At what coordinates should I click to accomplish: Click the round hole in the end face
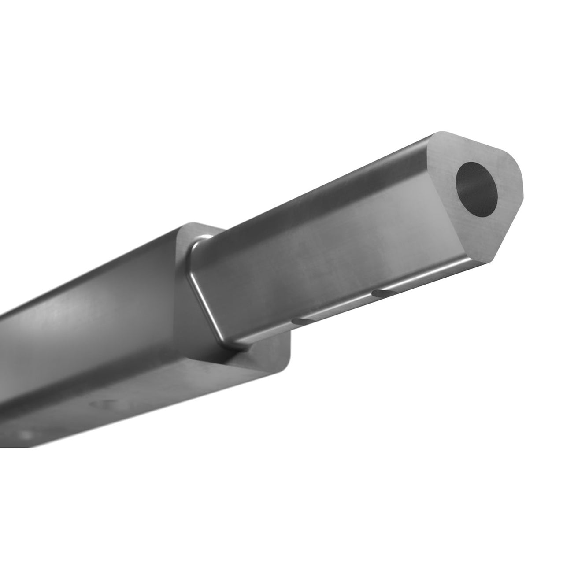pyautogui.click(x=477, y=186)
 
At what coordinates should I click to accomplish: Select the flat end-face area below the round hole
pyautogui.click(x=485, y=229)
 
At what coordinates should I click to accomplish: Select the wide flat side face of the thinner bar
pyautogui.click(x=330, y=247)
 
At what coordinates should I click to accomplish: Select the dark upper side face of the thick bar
pyautogui.click(x=97, y=282)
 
